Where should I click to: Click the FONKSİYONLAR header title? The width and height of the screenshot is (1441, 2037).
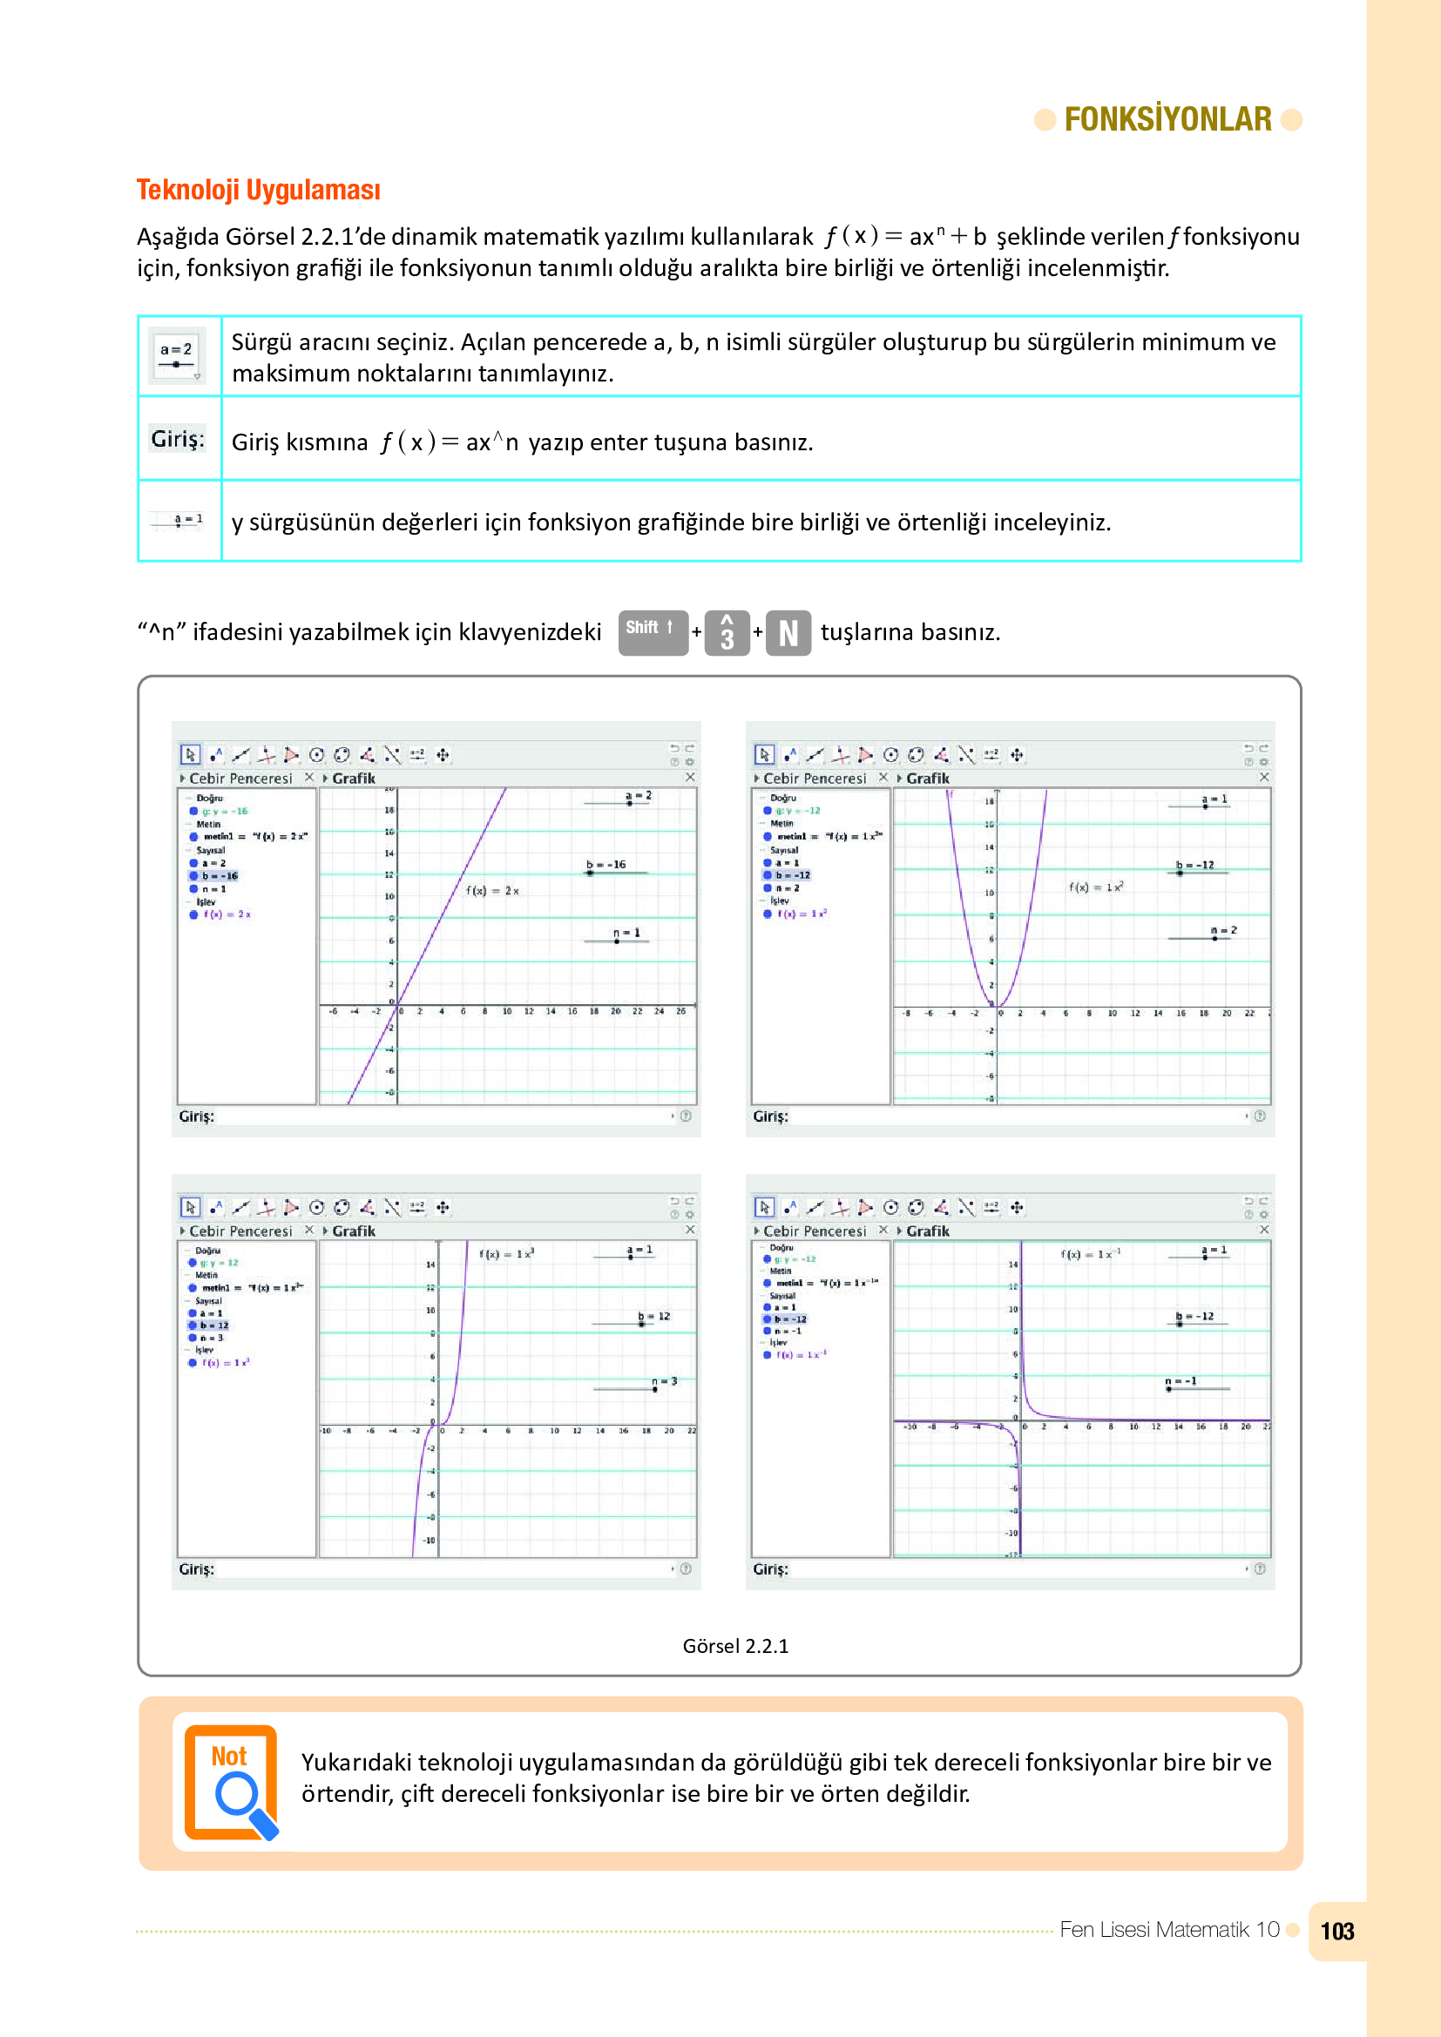(1167, 119)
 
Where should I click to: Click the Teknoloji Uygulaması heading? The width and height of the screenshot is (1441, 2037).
(258, 190)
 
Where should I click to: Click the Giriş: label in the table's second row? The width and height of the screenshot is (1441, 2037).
(178, 439)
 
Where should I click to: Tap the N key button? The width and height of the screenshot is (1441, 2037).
(788, 633)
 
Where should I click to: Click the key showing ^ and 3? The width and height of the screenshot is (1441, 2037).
(727, 633)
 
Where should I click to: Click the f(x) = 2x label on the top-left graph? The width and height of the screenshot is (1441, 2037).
(492, 890)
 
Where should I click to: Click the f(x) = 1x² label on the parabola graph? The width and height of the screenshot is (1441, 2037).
(1096, 887)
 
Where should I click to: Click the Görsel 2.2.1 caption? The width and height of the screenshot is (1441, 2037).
(734, 1646)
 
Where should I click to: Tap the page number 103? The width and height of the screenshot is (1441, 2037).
(1336, 1932)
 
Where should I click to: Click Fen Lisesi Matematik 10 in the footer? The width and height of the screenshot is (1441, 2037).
(1168, 1930)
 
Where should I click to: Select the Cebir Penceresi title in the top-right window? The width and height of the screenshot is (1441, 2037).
(814, 778)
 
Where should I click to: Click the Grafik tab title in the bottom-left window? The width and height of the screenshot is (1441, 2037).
(353, 1231)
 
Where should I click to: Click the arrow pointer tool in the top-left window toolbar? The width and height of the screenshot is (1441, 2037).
(190, 754)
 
